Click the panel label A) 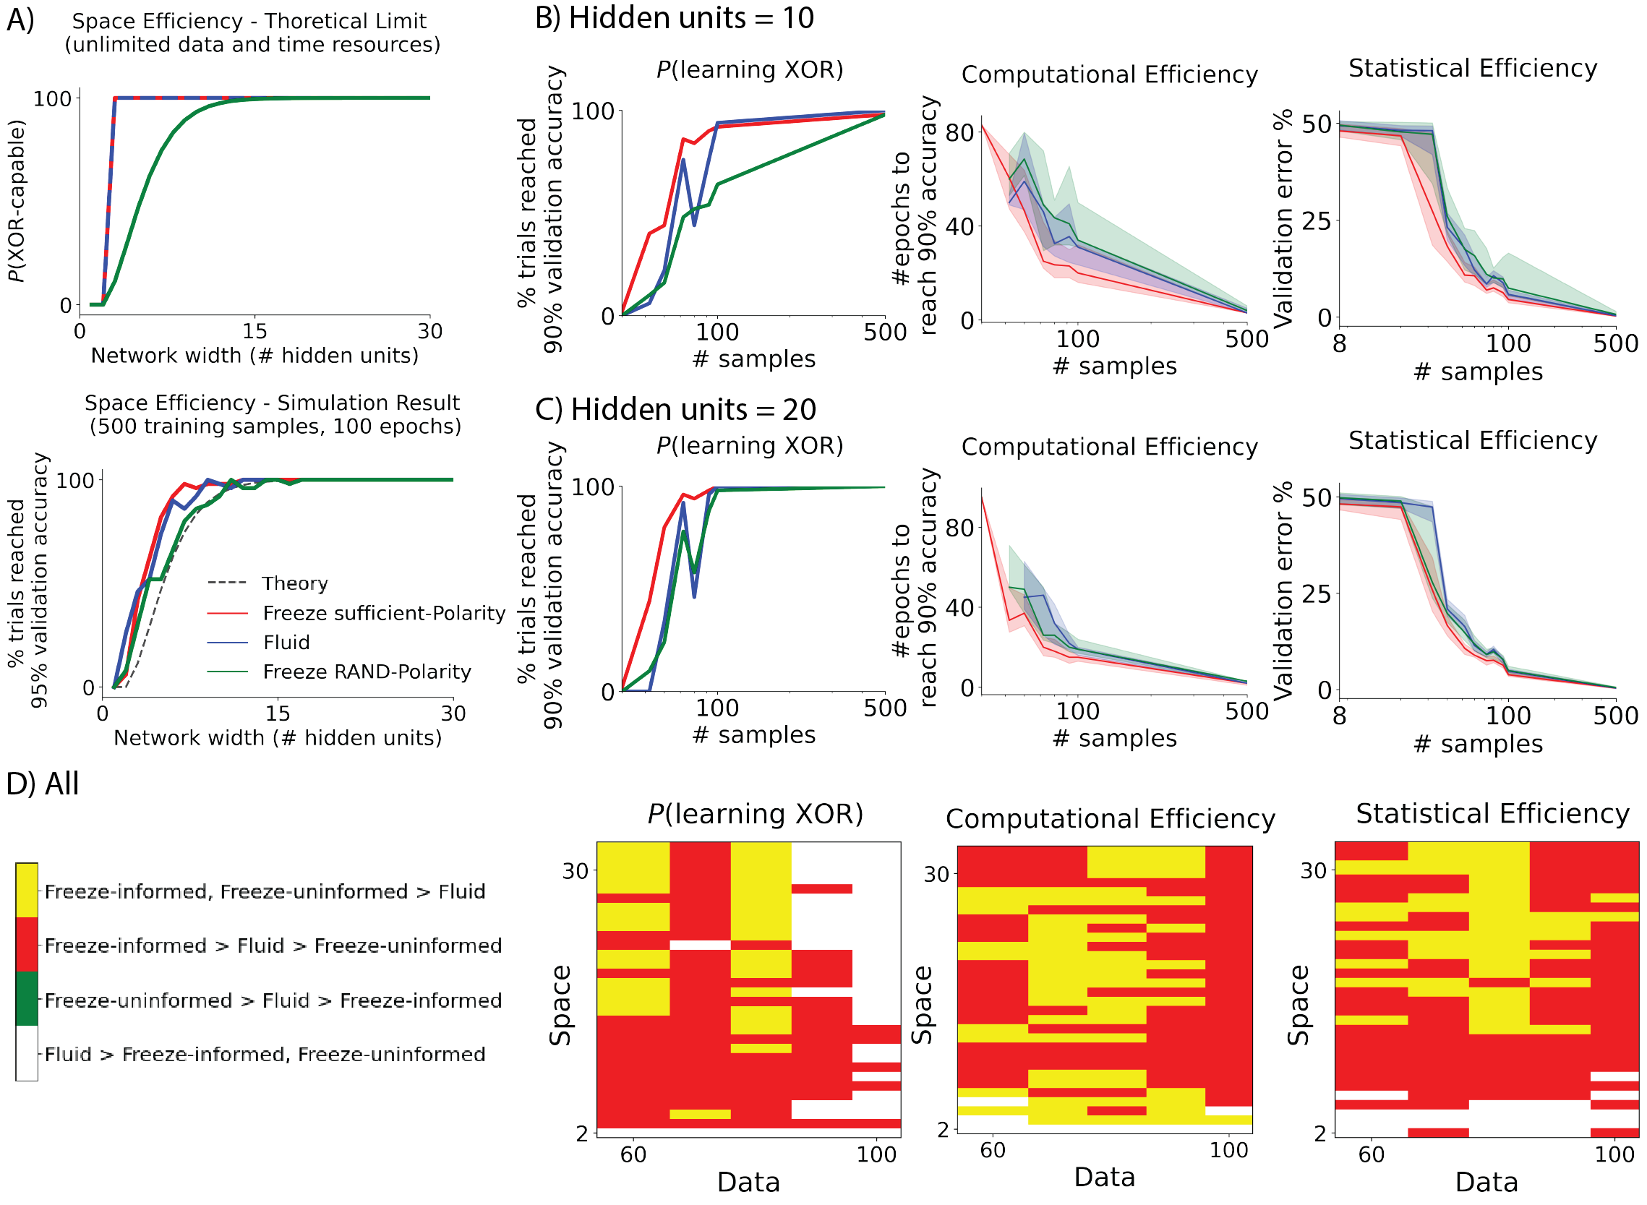click(20, 20)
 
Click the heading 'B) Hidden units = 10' click(674, 17)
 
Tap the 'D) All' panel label click(43, 784)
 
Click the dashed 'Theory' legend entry click(295, 583)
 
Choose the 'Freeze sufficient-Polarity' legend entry click(384, 613)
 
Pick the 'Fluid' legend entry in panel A click(286, 642)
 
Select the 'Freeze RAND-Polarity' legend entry click(367, 671)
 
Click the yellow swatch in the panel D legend click(27, 890)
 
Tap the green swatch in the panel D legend click(27, 998)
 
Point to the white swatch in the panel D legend click(27, 1052)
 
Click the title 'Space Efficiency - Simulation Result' click(272, 403)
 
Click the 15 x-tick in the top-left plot click(254, 332)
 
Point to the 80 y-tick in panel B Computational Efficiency click(959, 133)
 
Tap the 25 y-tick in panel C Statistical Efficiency click(1317, 593)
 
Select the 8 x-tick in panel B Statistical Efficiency click(1339, 343)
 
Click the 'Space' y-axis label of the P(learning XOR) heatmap click(560, 1006)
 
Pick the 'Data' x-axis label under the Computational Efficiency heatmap click(1104, 1178)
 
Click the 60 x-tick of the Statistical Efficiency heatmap click(1372, 1154)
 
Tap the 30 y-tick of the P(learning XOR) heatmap click(576, 871)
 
